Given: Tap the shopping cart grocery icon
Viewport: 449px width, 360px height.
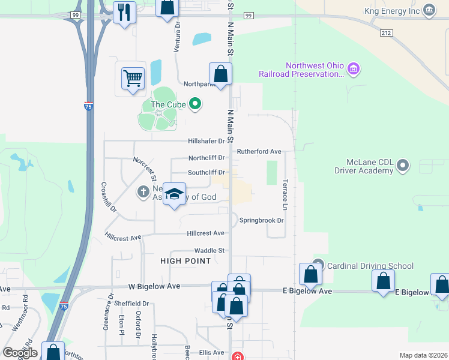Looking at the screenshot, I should pos(133,78).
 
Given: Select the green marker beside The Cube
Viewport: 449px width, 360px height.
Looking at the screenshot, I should pos(194,104).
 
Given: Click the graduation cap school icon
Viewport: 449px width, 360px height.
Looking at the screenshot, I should pos(174,194).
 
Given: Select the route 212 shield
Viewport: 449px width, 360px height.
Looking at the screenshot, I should pos(385,34).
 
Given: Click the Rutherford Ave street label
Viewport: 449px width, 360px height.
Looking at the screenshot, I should pos(259,151).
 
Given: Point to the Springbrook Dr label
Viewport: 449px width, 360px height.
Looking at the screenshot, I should pos(261,220).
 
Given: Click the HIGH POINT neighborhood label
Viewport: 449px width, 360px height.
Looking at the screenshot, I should pos(185,261).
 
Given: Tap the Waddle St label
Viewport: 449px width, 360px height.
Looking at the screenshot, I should pos(209,250).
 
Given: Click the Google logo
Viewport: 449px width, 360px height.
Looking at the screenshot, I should pos(20,352).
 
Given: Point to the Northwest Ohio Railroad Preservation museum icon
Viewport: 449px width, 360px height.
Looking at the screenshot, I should pos(354,70).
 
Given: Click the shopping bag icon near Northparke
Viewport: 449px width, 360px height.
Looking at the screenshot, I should pos(220,74).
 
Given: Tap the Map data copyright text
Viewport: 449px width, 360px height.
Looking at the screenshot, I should pos(423,355).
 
